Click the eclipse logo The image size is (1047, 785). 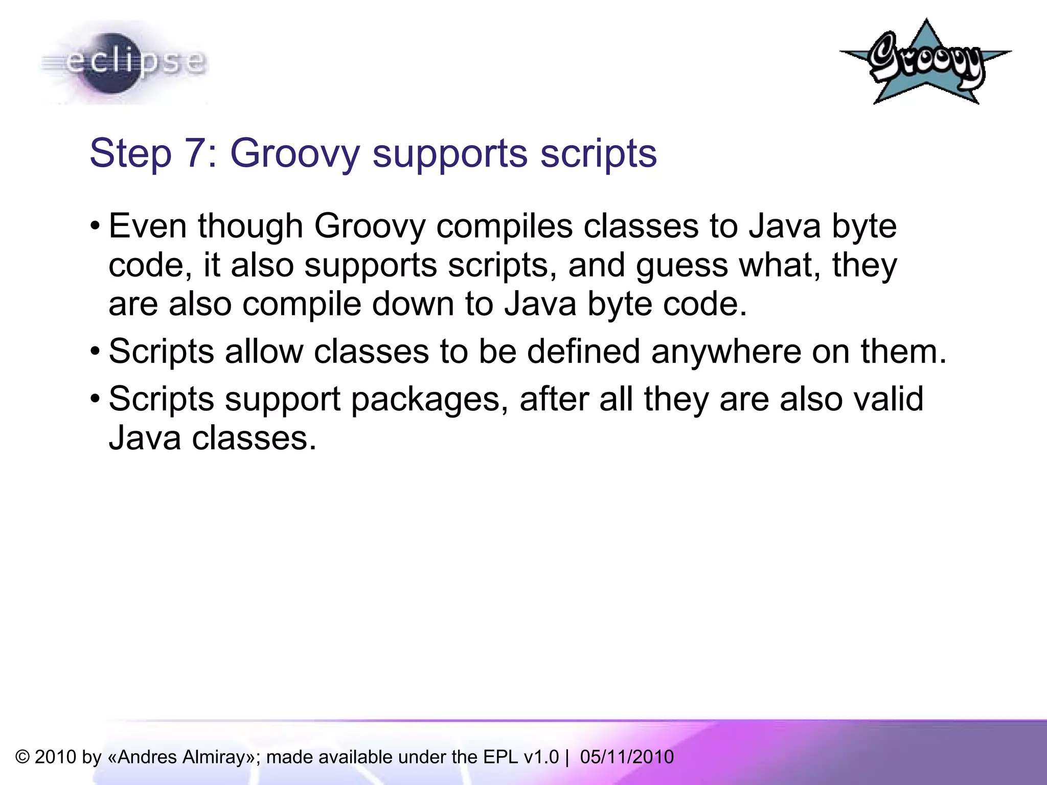[x=123, y=62]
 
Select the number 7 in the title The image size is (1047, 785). [x=196, y=153]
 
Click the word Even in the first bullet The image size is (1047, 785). [x=148, y=226]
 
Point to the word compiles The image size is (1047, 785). [x=504, y=227]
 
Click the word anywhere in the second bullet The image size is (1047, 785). [x=726, y=352]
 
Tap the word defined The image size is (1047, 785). [x=583, y=352]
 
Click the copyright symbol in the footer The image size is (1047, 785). [x=22, y=757]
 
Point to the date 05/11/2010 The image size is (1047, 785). [x=627, y=757]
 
